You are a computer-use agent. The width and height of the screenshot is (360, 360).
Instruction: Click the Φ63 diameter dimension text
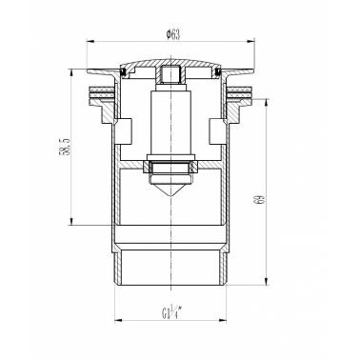pyautogui.click(x=173, y=34)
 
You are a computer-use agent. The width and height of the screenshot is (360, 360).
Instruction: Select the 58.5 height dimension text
pyautogui.click(x=64, y=147)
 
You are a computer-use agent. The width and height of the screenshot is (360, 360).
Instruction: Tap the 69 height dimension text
pyautogui.click(x=260, y=200)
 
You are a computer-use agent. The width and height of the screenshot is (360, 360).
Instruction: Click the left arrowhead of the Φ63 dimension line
pyautogui.click(x=90, y=41)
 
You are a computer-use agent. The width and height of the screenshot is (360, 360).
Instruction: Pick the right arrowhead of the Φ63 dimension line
pyautogui.click(x=250, y=41)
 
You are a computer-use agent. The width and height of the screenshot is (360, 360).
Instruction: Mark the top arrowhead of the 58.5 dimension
pyautogui.click(x=71, y=73)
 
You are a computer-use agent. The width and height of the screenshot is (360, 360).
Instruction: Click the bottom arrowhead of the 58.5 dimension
pyautogui.click(x=71, y=221)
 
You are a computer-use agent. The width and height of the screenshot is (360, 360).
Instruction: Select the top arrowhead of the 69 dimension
pyautogui.click(x=267, y=104)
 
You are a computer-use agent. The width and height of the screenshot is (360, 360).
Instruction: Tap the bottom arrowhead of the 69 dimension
pyautogui.click(x=267, y=281)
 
